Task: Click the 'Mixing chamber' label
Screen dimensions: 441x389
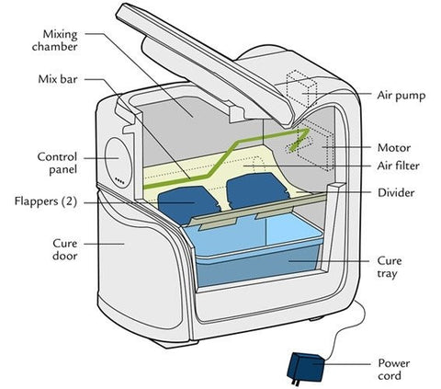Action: click(x=55, y=40)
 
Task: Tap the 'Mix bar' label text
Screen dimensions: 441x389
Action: click(x=58, y=79)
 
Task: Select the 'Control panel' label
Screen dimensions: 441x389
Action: click(x=57, y=163)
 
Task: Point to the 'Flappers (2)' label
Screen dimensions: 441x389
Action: click(x=46, y=201)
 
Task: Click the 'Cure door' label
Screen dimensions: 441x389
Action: click(x=64, y=249)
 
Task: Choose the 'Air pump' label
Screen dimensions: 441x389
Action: click(x=401, y=96)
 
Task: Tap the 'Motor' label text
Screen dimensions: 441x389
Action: click(x=394, y=148)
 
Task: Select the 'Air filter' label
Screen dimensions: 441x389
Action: click(x=398, y=166)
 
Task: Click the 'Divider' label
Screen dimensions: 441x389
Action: click(x=396, y=193)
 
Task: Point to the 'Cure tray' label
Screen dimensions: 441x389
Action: click(x=390, y=267)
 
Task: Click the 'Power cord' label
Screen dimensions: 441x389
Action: click(x=394, y=370)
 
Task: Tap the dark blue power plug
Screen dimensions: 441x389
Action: click(x=306, y=369)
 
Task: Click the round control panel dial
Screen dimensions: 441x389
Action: click(x=119, y=159)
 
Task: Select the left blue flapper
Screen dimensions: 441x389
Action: click(x=187, y=204)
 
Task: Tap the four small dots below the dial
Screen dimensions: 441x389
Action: click(x=119, y=181)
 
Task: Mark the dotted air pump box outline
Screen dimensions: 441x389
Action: click(x=301, y=89)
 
